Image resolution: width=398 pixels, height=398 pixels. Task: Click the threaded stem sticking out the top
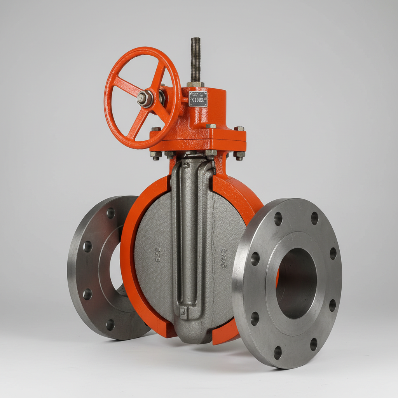tap(196, 58)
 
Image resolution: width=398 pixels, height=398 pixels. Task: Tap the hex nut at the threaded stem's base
tap(195, 84)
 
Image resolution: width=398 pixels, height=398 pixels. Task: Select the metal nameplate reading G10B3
tap(198, 99)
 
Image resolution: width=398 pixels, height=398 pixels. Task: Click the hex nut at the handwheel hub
tap(144, 99)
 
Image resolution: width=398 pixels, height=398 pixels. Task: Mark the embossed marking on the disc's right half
tap(224, 258)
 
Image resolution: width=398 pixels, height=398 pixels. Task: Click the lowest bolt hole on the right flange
tap(278, 353)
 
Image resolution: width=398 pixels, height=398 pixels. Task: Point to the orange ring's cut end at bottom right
tap(225, 334)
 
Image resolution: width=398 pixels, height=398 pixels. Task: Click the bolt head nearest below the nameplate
tap(211, 126)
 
